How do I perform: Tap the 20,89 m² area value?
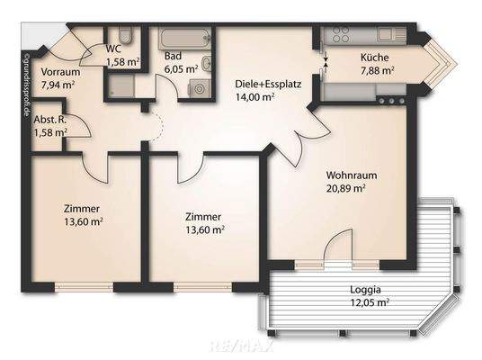pyautogui.click(x=346, y=189)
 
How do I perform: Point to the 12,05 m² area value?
pyautogui.click(x=370, y=303)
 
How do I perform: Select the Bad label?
pyautogui.click(x=174, y=55)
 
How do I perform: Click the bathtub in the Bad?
pyautogui.click(x=186, y=38)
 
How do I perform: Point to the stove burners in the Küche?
pyautogui.click(x=341, y=36)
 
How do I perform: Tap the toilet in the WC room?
pyautogui.click(x=129, y=36)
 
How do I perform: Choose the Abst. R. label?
pyautogui.click(x=50, y=119)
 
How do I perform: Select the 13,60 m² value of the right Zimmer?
pyautogui.click(x=204, y=229)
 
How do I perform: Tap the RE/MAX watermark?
pyautogui.click(x=241, y=345)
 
